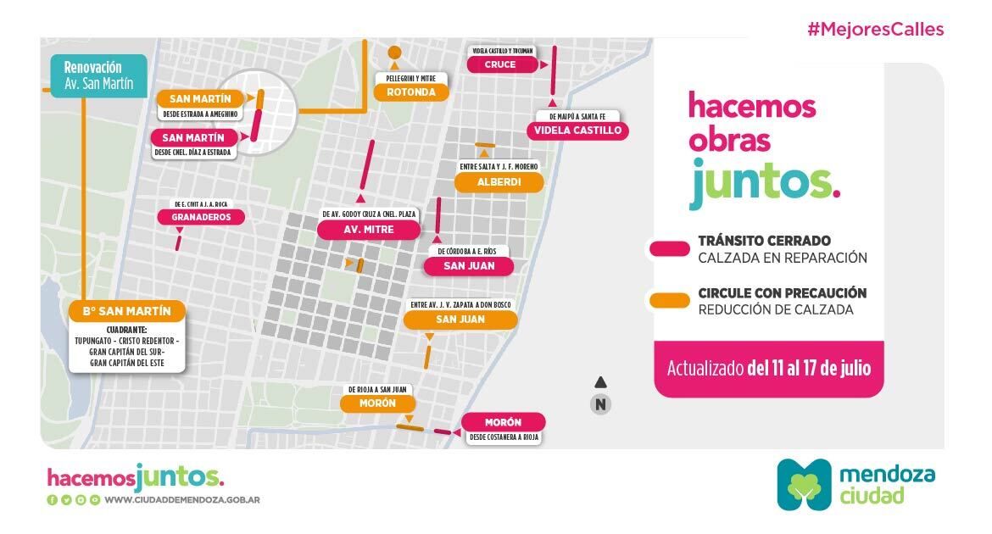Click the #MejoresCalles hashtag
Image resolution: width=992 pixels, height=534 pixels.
click(875, 30)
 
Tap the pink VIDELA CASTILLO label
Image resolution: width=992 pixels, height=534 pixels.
click(578, 131)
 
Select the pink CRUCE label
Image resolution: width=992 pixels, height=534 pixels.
click(500, 64)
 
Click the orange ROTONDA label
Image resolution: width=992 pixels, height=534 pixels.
click(410, 92)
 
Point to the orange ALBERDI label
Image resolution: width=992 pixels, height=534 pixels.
click(499, 182)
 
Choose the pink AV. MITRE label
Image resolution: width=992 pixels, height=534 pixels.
click(368, 230)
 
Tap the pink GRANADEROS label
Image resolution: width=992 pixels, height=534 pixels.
click(201, 217)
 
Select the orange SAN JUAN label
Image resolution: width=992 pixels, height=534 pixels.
click(460, 320)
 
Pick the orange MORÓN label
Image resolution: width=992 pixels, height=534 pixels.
click(377, 403)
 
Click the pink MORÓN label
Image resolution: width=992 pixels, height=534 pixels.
click(503, 422)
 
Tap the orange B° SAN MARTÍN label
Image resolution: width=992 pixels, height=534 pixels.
click(126, 311)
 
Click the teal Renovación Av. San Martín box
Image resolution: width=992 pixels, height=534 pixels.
click(98, 75)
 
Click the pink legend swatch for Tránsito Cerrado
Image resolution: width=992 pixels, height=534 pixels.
click(669, 248)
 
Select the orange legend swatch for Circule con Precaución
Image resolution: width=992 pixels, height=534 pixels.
click(669, 300)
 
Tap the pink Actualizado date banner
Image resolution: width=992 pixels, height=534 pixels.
click(768, 369)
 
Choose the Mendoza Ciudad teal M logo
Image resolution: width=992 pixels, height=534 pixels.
click(805, 484)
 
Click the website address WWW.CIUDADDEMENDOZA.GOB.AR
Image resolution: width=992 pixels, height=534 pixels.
click(182, 500)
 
